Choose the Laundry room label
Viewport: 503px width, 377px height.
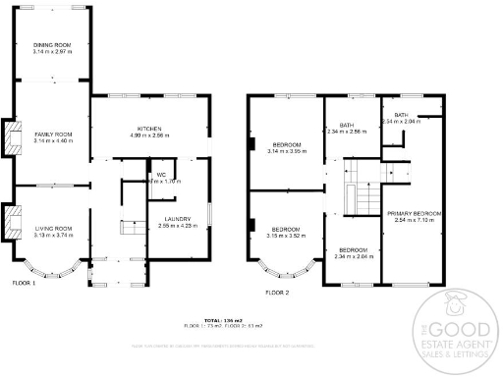pyautogui.click(x=171, y=222)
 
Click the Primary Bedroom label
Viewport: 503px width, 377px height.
pyautogui.click(x=414, y=215)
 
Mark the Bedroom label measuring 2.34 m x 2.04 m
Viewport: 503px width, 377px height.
pyautogui.click(x=353, y=252)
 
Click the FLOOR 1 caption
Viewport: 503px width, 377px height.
pyautogui.click(x=24, y=282)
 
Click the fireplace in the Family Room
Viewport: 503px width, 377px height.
pyautogui.click(x=11, y=137)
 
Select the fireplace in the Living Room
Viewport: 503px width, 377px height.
pyautogui.click(x=11, y=221)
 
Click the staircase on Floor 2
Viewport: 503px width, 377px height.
pyautogui.click(x=360, y=192)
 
